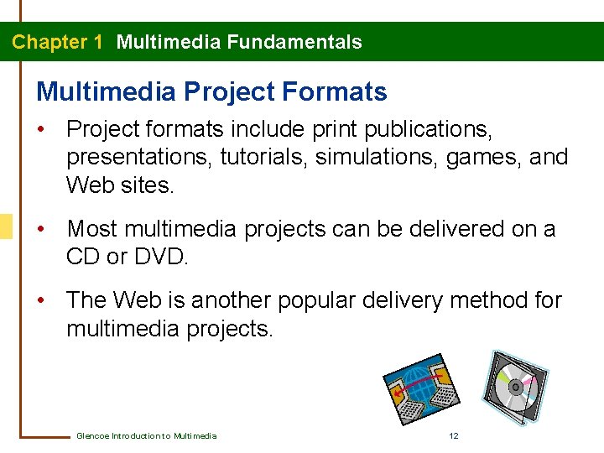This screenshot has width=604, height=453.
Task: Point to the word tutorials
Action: pyautogui.click(x=261, y=157)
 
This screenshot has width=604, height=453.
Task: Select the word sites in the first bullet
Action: pyautogui.click(x=148, y=185)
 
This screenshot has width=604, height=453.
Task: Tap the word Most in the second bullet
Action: pyautogui.click(x=94, y=228)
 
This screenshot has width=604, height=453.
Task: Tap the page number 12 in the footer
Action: pyautogui.click(x=453, y=435)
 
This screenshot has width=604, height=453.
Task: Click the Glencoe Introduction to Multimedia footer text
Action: pyautogui.click(x=146, y=435)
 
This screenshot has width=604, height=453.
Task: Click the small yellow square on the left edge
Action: pyautogui.click(x=6, y=226)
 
